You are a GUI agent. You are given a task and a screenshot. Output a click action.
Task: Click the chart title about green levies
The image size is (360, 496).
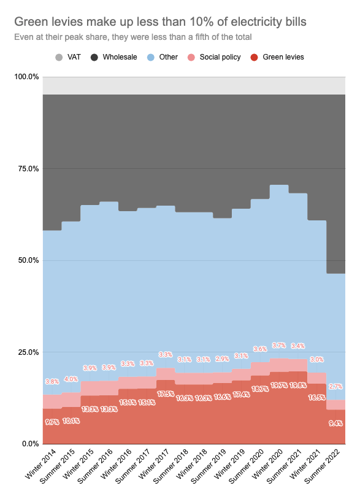(160, 22)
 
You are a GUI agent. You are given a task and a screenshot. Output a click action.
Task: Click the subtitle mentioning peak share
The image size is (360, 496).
(133, 37)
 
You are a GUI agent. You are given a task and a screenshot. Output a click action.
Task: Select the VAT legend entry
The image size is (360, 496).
(68, 57)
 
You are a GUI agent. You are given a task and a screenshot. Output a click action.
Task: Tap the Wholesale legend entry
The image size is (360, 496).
(114, 57)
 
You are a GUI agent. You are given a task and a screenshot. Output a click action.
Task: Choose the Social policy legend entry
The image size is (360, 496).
(214, 57)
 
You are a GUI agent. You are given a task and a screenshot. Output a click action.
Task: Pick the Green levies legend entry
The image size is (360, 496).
(277, 57)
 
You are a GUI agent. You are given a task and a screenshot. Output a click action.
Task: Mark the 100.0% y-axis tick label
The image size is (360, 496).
(26, 77)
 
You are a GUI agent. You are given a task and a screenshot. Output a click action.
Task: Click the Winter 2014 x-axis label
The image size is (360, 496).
(40, 463)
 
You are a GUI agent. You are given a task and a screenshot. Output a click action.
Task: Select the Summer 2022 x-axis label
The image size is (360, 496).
(322, 467)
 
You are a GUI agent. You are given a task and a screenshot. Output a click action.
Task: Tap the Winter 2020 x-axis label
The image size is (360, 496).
(267, 463)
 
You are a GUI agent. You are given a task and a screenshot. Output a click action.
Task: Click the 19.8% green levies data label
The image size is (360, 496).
(298, 386)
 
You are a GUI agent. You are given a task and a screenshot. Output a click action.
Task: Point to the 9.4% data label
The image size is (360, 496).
(335, 423)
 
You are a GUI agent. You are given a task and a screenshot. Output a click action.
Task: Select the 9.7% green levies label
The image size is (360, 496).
(52, 422)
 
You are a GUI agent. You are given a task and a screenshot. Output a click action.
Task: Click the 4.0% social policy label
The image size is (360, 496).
(71, 379)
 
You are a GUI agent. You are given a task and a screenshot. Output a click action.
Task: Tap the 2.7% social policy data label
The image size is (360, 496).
(335, 386)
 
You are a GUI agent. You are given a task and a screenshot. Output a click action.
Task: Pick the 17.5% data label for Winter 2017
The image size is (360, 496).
(166, 394)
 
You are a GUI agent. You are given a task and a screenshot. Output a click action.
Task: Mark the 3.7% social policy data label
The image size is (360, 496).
(279, 346)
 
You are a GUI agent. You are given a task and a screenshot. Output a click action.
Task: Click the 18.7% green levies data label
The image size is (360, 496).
(260, 389)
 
